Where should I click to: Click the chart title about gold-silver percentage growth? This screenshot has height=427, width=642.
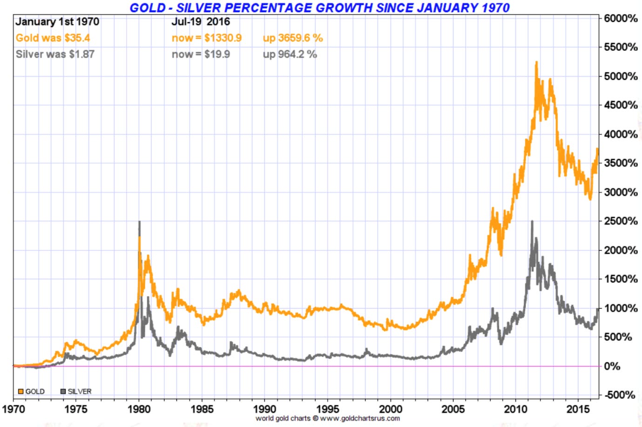(x=319, y=7)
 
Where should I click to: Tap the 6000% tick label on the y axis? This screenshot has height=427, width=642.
(x=621, y=18)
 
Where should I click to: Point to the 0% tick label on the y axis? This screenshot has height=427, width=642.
(x=612, y=366)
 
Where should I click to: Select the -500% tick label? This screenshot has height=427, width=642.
(x=620, y=395)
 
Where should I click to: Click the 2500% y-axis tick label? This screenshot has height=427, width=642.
(x=621, y=221)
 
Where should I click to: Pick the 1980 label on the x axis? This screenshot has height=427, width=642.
(x=139, y=409)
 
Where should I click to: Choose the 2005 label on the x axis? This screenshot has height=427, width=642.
(x=453, y=409)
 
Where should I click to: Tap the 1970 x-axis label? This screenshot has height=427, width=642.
(x=14, y=409)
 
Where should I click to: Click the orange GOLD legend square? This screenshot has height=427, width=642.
(x=20, y=392)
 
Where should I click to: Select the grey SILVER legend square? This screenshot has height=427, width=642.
(x=63, y=392)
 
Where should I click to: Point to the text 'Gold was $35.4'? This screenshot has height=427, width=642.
(x=53, y=38)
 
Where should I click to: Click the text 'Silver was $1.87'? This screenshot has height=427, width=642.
(x=55, y=55)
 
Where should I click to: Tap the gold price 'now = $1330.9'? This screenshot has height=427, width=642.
(x=207, y=38)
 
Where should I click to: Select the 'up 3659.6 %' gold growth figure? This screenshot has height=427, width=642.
(x=293, y=38)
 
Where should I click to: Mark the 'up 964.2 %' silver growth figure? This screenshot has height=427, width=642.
(x=290, y=55)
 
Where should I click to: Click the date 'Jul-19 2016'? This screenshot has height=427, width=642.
(x=201, y=22)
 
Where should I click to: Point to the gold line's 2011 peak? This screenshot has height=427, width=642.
(x=536, y=62)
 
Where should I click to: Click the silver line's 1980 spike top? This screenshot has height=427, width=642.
(x=139, y=222)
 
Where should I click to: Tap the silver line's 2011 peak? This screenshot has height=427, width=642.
(x=532, y=221)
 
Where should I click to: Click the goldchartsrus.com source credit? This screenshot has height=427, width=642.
(x=328, y=419)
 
